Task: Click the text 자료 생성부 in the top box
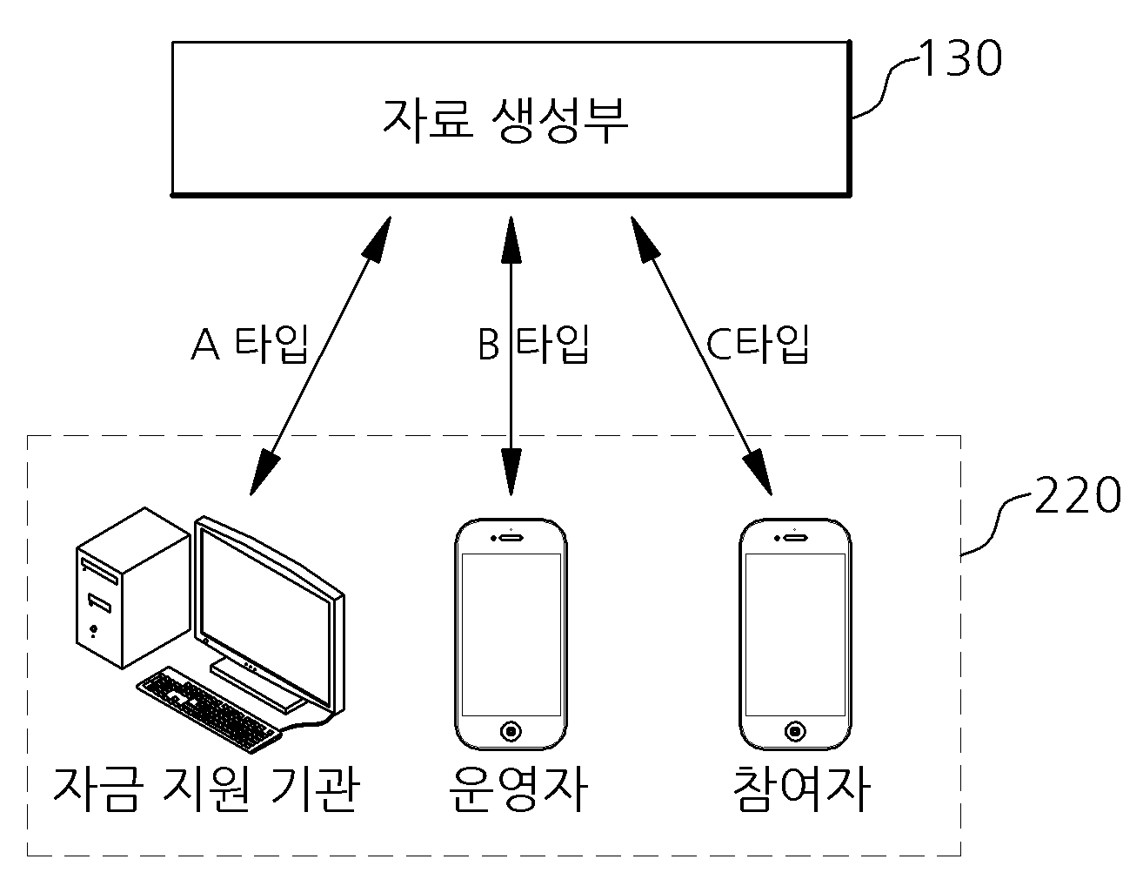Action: tap(505, 120)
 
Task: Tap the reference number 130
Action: tap(960, 57)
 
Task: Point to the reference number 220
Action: tap(1077, 494)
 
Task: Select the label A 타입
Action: tap(250, 344)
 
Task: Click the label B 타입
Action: tap(533, 344)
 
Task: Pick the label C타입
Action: tap(757, 344)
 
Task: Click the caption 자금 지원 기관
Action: tap(206, 789)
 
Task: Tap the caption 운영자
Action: tap(518, 789)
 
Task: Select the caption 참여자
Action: tap(802, 789)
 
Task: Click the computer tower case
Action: tap(132, 588)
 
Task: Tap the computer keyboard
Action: tap(208, 709)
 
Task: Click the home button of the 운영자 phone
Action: tap(511, 731)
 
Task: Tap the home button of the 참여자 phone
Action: tap(795, 731)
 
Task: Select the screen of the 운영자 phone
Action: tap(511, 634)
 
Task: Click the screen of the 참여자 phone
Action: tap(795, 634)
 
